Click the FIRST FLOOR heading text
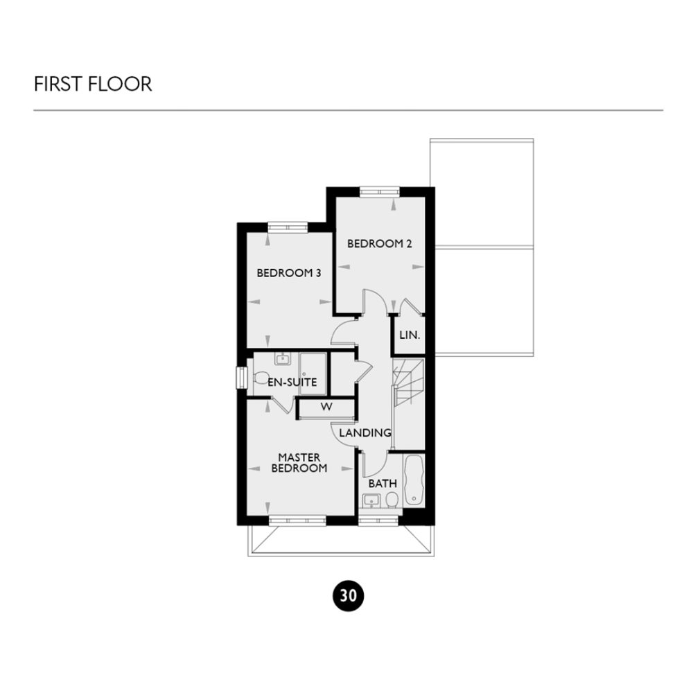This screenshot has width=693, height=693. (93, 85)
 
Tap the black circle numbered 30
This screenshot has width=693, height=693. (349, 595)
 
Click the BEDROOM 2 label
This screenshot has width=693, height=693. (375, 244)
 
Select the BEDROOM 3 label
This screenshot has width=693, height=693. (288, 273)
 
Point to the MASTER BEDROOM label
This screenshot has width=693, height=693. (299, 463)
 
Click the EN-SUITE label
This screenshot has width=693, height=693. (292, 382)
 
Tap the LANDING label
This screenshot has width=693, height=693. (365, 433)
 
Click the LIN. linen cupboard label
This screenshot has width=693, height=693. (409, 335)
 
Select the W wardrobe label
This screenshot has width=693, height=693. (326, 407)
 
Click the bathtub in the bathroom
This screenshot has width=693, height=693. (414, 480)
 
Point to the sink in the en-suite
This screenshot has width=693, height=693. (282, 359)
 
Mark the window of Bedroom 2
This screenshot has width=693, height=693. (379, 191)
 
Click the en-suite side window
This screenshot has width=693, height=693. (240, 378)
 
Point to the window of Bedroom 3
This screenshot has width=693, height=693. (288, 226)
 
